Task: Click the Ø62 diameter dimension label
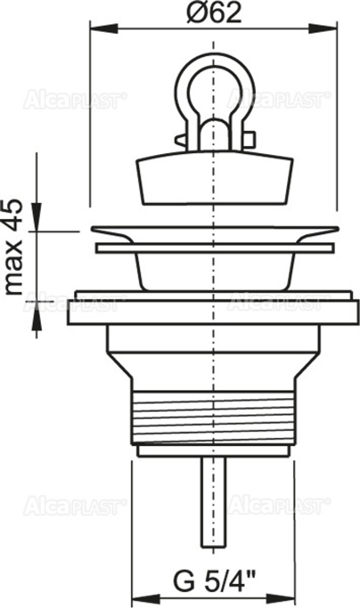click(214, 14)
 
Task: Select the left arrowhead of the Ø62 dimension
click(104, 28)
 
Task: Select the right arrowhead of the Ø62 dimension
click(323, 28)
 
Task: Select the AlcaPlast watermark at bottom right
click(279, 505)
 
